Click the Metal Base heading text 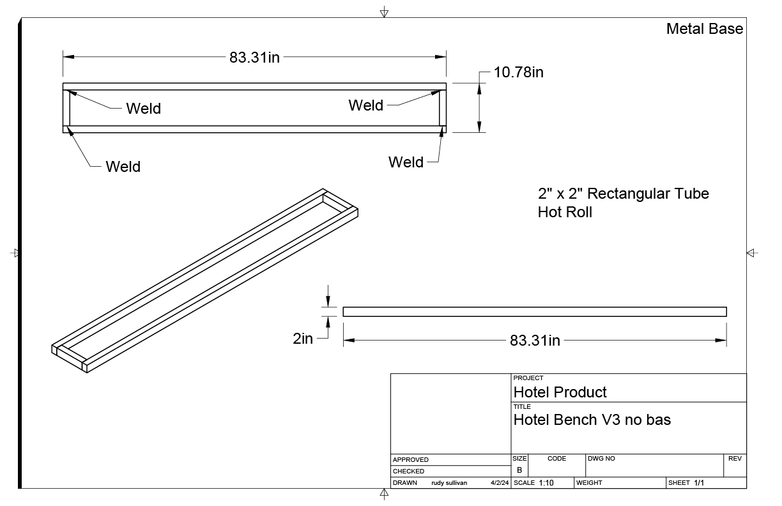[705, 29]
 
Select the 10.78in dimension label [518, 72]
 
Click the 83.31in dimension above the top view [254, 57]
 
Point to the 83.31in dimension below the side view [535, 340]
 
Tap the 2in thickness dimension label [303, 339]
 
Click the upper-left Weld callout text [144, 108]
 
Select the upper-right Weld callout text [366, 105]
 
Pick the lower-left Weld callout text [123, 166]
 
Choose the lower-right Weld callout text [406, 162]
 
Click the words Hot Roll [565, 212]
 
